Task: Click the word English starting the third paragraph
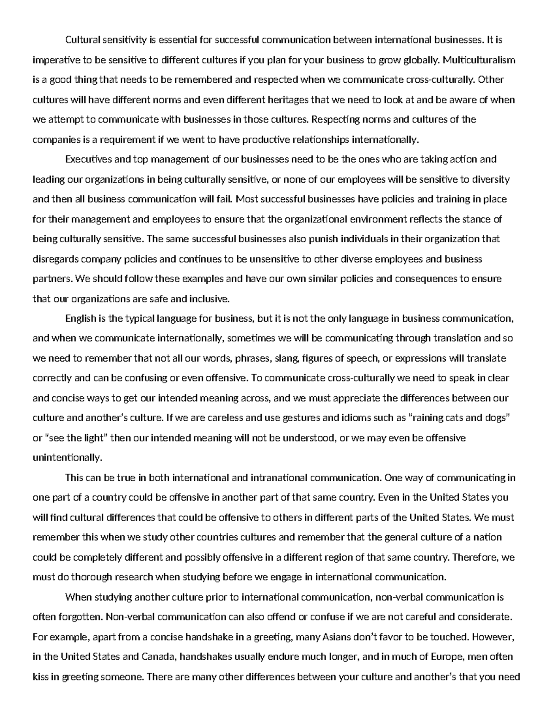click(80, 319)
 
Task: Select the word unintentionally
click(67, 458)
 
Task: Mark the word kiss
click(40, 676)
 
